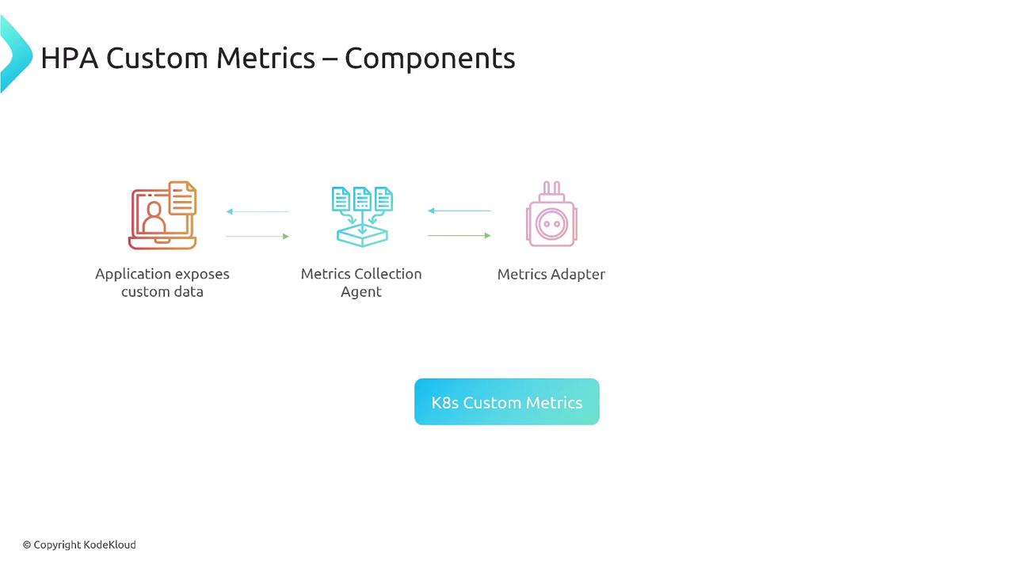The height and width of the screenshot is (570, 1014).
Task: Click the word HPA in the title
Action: coord(69,59)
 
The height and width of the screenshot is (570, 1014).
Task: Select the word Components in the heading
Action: coord(430,59)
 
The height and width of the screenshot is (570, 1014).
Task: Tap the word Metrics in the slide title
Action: coord(265,59)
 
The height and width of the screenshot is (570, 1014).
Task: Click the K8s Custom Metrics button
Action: coord(506,401)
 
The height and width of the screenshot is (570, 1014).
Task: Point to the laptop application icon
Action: coord(162,215)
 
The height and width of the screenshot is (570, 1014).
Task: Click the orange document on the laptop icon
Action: coord(183,198)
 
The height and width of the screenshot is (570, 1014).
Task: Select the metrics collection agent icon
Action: coord(362,216)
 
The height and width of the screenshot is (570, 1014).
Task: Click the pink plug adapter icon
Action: coord(551,214)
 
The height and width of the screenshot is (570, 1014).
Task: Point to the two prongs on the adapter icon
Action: coord(551,188)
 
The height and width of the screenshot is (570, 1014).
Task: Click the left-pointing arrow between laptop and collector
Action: coord(258,211)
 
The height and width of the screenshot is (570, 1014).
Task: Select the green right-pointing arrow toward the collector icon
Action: coord(257,236)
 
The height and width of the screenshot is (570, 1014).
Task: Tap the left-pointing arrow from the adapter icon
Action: coord(459,211)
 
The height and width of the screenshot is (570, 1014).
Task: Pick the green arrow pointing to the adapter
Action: coord(459,235)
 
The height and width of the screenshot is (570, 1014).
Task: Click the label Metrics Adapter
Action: coord(551,274)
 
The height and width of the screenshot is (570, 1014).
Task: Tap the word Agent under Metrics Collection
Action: coord(360,292)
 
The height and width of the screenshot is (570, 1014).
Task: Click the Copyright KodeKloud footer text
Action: coord(79,545)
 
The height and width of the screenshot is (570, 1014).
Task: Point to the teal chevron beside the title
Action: coord(17,54)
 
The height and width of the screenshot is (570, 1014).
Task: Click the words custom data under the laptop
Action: coord(162,292)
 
